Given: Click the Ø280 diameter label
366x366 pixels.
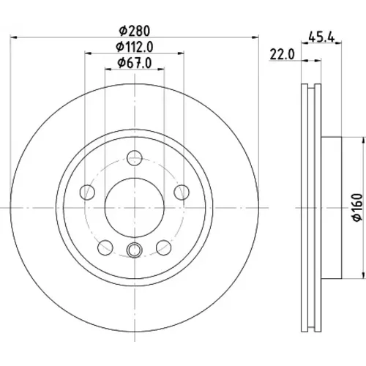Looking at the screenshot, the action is [134, 31].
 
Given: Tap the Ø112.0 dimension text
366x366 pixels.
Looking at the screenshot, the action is [135, 47].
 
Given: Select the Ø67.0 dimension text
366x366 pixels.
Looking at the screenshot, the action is [135, 63].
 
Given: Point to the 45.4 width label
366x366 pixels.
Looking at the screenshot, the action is [321, 37].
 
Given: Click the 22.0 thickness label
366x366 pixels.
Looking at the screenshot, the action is [283, 54].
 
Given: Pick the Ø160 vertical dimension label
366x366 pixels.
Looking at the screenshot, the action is [357, 207].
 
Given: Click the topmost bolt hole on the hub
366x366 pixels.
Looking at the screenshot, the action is [135, 158].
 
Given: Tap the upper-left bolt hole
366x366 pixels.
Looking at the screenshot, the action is [87, 193].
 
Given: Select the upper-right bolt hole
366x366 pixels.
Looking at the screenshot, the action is [182, 193].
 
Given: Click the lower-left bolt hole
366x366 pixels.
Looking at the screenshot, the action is [105, 247].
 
